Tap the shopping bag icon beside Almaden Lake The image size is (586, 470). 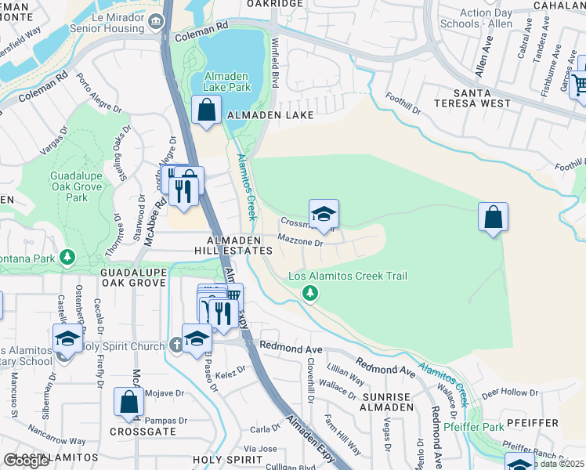point(206,110)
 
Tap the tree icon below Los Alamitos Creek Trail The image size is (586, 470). point(311,294)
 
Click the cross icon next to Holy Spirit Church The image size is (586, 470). point(179,345)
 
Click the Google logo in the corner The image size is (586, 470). point(26,461)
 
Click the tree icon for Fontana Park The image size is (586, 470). point(68,256)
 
